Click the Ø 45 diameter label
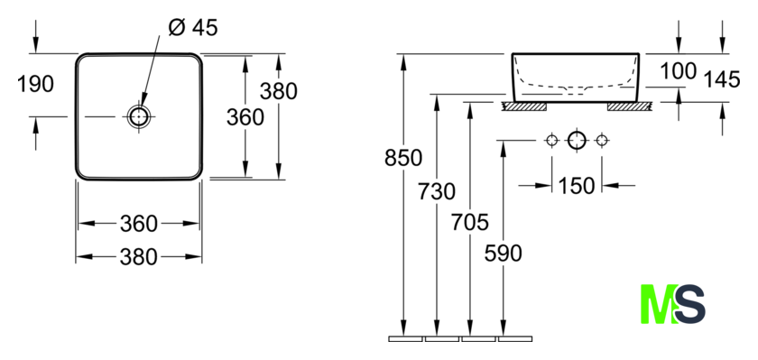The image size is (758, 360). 193,28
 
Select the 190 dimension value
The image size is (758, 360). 35,84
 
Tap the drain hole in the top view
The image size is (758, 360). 139,116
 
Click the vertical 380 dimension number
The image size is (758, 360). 279,91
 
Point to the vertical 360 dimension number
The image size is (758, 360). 245,117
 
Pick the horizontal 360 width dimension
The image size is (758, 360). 139,224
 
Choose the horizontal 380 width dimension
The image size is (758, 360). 139,256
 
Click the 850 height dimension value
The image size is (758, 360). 403,158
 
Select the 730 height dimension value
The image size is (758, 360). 437,192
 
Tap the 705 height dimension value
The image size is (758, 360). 470,222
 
